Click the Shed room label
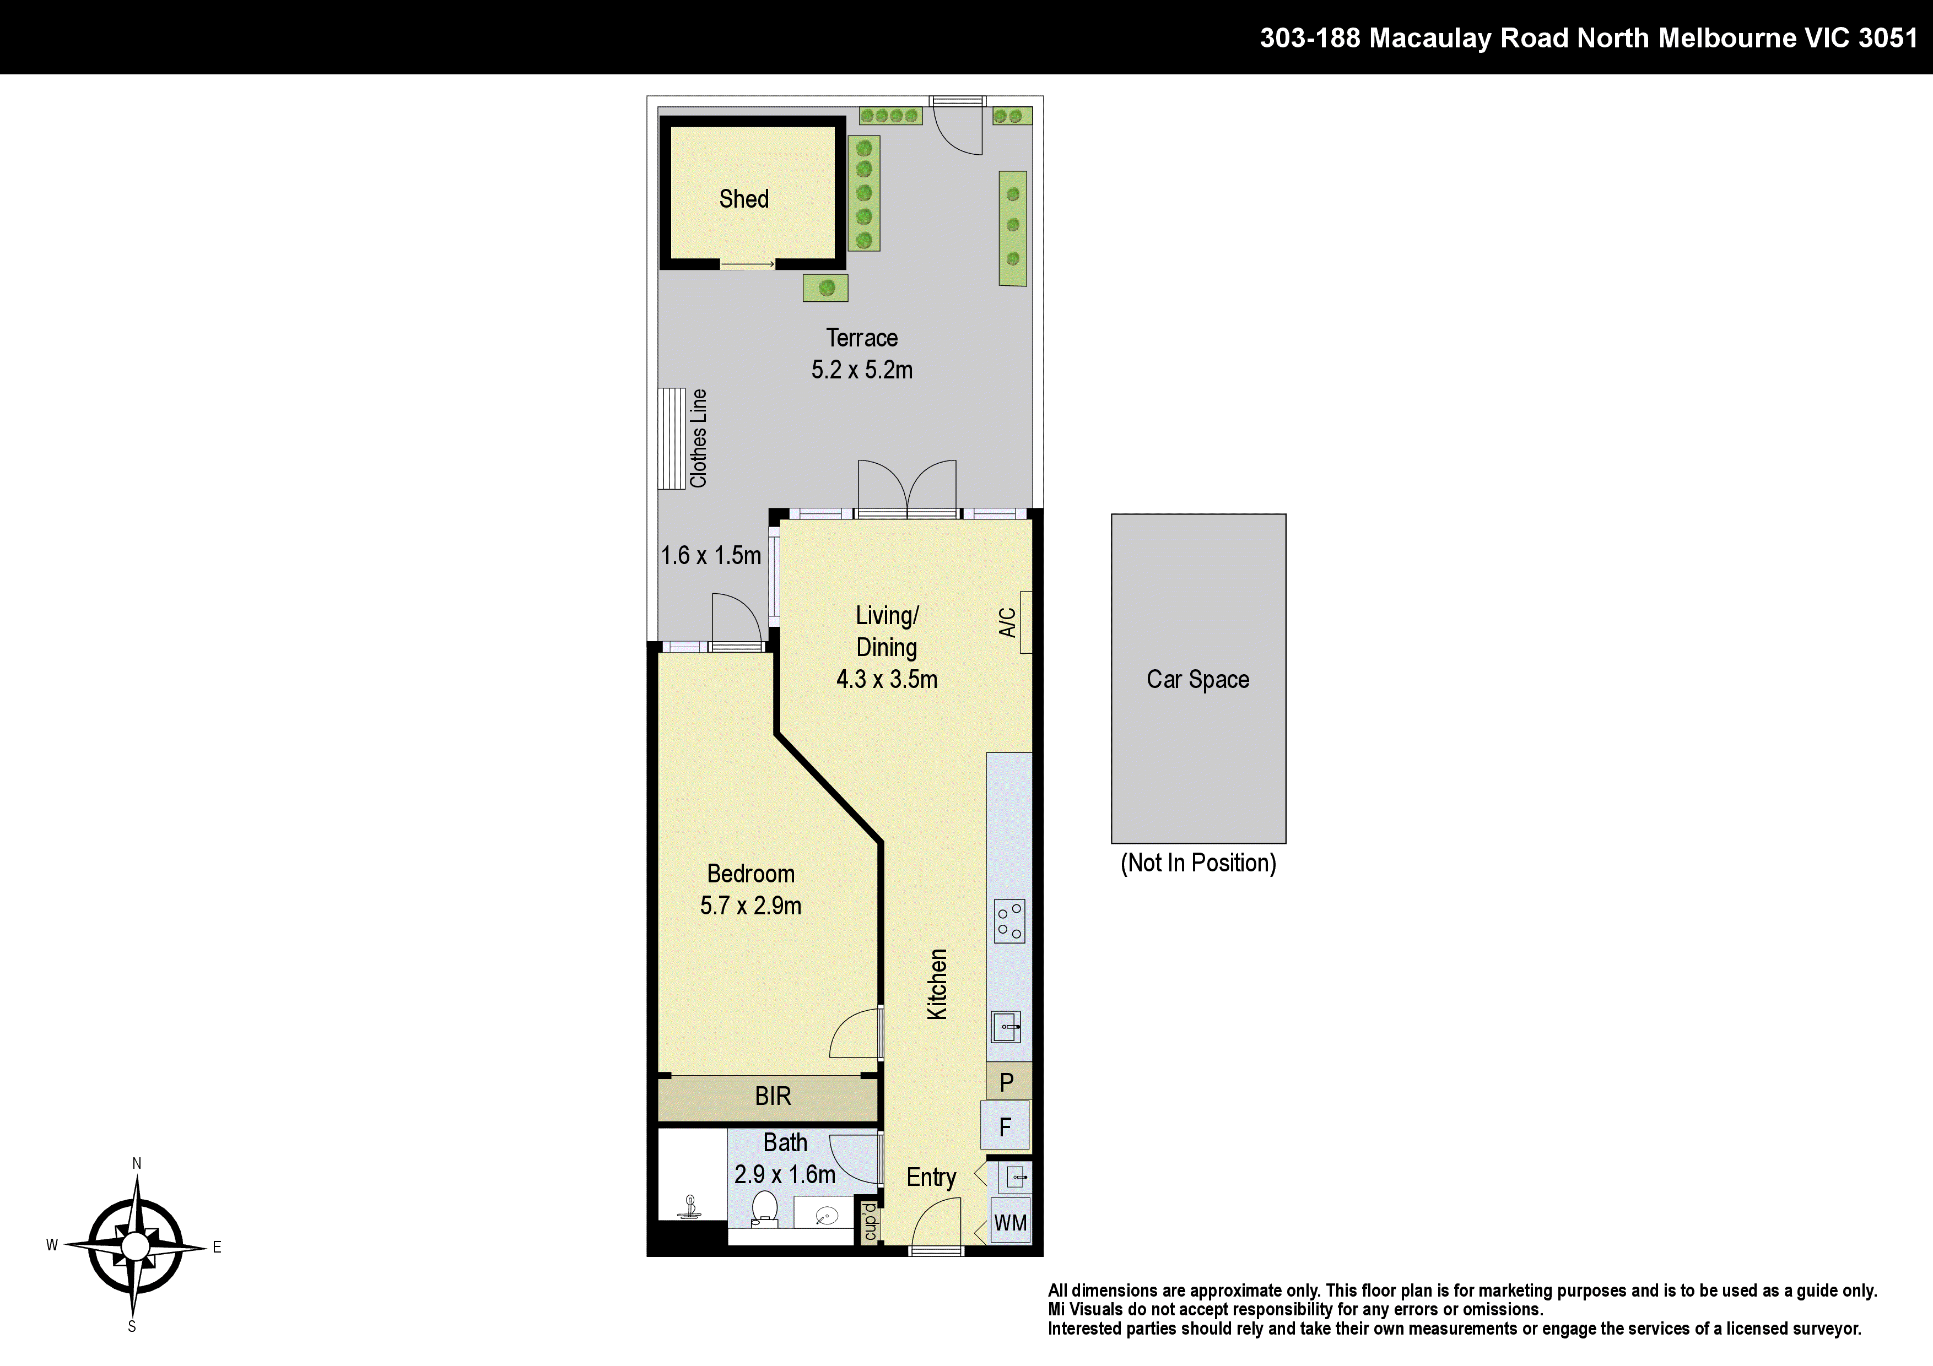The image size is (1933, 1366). (x=743, y=199)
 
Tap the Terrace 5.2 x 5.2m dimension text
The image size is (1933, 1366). (x=861, y=370)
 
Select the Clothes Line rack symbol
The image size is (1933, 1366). (x=672, y=438)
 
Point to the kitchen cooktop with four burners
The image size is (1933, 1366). (x=1009, y=921)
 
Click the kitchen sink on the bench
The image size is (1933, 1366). (x=1006, y=1027)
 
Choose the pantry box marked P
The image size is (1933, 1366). (x=1007, y=1082)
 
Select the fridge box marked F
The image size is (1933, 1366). (x=1005, y=1127)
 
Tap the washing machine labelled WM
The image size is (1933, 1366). (x=1009, y=1223)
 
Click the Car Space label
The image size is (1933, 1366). (x=1197, y=679)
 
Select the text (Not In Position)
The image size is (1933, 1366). (x=1197, y=863)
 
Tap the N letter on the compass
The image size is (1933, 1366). (x=137, y=1163)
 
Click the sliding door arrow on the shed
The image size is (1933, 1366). (x=748, y=265)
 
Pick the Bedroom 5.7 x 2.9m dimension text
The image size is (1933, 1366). (x=750, y=906)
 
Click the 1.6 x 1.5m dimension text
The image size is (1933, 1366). (x=711, y=556)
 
